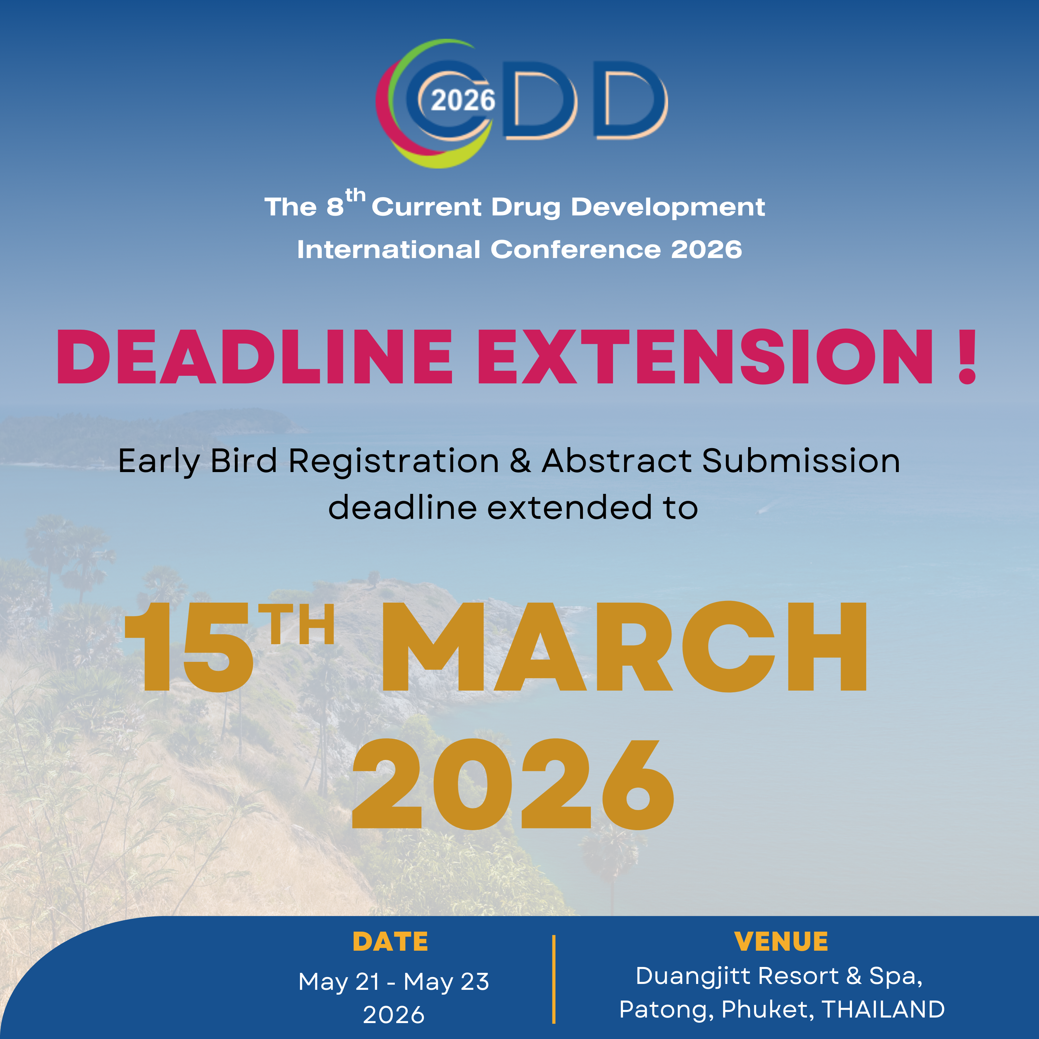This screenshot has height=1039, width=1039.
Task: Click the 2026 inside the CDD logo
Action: click(463, 100)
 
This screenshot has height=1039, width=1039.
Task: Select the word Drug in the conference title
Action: click(525, 207)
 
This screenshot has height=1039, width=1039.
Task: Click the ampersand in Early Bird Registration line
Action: click(520, 461)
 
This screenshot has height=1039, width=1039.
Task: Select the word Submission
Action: click(801, 461)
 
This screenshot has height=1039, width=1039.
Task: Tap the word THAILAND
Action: click(883, 1010)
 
